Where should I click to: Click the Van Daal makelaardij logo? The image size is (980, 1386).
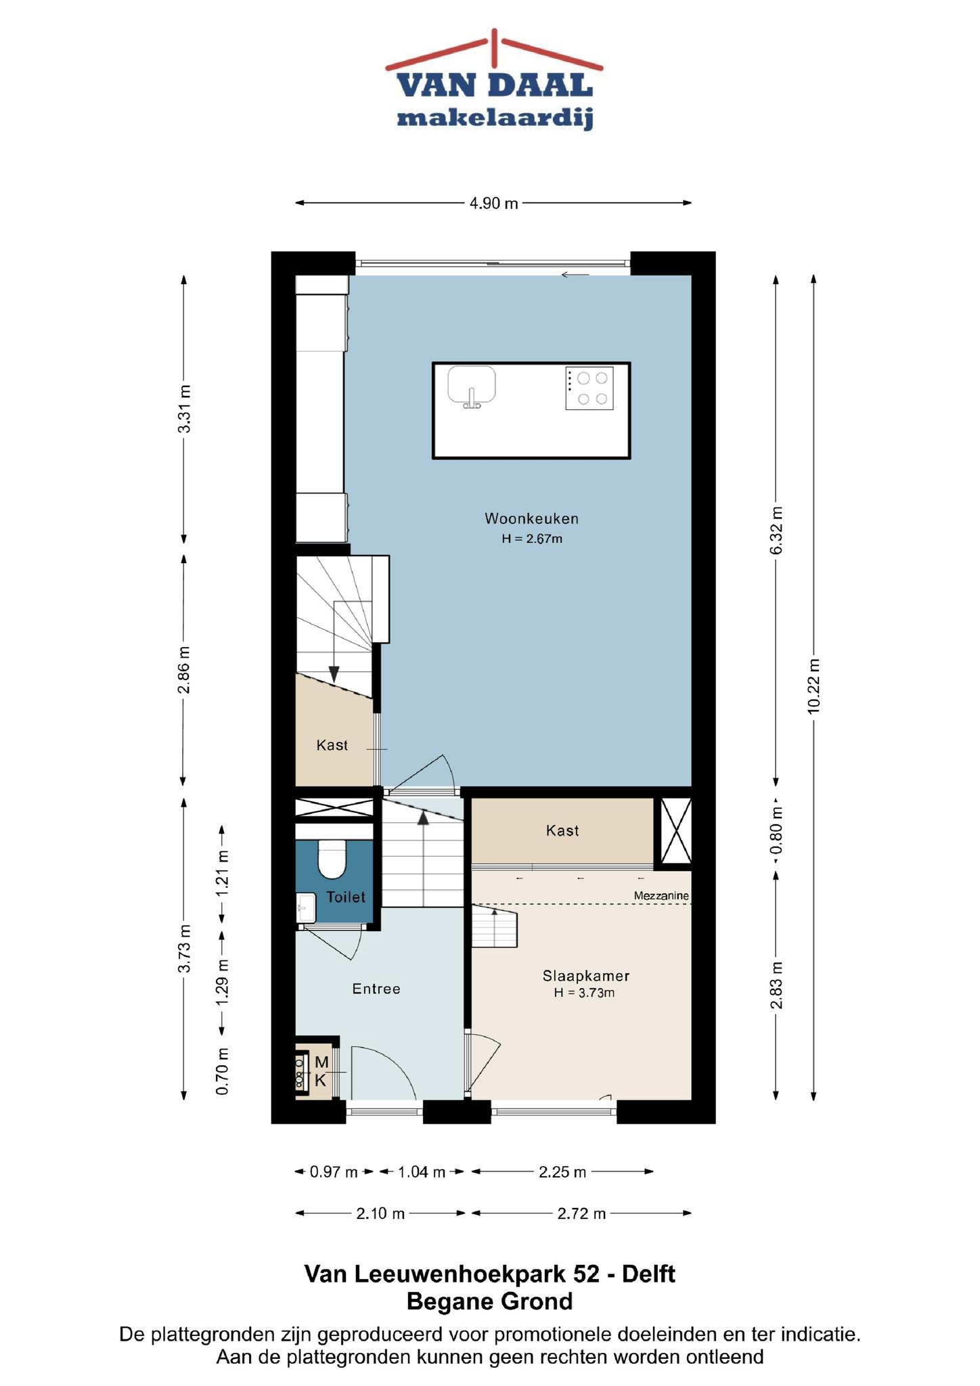[x=494, y=80]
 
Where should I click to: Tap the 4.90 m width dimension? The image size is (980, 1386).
[x=494, y=203]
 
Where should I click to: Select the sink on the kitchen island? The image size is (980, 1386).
[x=472, y=386]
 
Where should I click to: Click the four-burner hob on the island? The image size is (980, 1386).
[x=589, y=388]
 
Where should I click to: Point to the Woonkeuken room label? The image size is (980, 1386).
[x=531, y=519]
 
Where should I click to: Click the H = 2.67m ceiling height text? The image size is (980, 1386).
[x=532, y=539]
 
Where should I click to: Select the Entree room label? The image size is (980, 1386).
[x=376, y=989]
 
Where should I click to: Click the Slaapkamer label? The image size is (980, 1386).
[x=586, y=976]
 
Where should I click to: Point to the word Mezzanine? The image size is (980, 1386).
[x=661, y=896]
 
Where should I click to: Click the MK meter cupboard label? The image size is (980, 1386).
[x=321, y=1071]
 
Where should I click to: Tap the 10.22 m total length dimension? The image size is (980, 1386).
[x=814, y=686]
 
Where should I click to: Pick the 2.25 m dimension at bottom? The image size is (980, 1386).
[x=562, y=1172]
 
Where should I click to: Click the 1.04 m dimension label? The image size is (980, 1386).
[x=421, y=1172]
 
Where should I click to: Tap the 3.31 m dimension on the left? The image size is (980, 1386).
[x=183, y=409]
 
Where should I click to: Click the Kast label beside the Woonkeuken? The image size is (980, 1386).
[x=332, y=745]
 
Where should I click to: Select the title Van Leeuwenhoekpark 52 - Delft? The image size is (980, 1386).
[x=490, y=1274]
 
